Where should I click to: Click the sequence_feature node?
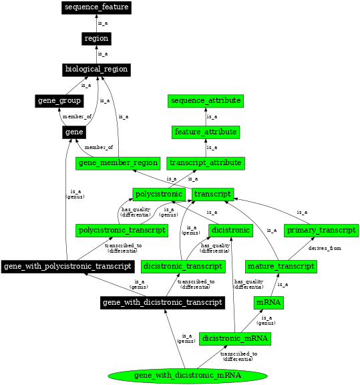[96, 7]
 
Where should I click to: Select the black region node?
[96, 39]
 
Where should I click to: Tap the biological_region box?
[96, 70]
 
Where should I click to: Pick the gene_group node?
[59, 101]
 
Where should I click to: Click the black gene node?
[73, 132]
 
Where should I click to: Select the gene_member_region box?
[118, 163]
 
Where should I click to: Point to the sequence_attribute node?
[205, 101]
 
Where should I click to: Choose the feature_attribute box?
[205, 132]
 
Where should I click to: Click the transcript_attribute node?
[205, 163]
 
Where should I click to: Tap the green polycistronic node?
[159, 195]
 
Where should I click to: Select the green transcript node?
[212, 195]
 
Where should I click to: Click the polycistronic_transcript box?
[122, 231]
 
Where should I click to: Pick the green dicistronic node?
[231, 231]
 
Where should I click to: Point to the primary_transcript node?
[321, 231]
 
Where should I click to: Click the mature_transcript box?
[280, 267]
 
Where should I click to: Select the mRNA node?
[268, 303]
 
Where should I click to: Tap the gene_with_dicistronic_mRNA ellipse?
[188, 376]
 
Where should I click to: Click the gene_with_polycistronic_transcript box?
[67, 267]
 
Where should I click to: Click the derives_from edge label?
[325, 248]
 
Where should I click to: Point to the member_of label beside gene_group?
[77, 116]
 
